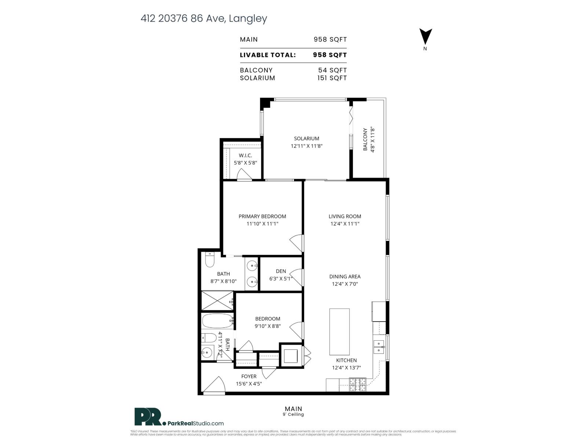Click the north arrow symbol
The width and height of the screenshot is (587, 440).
point(426,37)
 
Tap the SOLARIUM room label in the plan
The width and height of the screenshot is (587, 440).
point(306,139)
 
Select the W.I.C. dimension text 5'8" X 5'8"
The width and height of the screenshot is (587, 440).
point(245,163)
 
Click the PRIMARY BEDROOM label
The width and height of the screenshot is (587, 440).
point(262,216)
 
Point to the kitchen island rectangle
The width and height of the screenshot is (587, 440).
point(339,332)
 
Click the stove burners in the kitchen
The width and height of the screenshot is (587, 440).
point(358,385)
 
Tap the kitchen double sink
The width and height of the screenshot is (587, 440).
point(379,347)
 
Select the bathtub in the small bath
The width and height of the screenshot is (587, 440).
point(218,321)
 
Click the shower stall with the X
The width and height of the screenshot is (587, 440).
point(217,301)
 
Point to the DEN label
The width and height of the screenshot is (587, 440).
point(281,271)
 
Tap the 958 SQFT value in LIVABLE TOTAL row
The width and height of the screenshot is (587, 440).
point(329,55)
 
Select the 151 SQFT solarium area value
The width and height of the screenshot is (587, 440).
point(332,78)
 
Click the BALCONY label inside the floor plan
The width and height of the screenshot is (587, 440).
point(365,139)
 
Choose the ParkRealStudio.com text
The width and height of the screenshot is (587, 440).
point(196,423)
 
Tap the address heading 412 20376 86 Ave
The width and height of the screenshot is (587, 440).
point(204,18)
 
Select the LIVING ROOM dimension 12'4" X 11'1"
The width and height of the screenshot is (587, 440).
point(344,224)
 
